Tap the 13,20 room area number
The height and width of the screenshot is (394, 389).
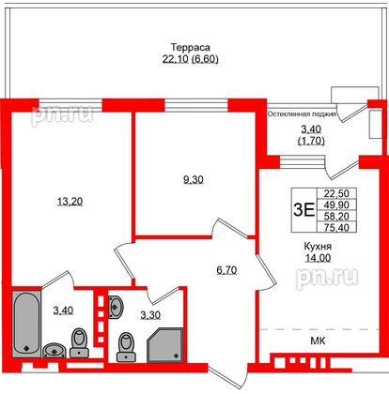click(62, 199)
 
